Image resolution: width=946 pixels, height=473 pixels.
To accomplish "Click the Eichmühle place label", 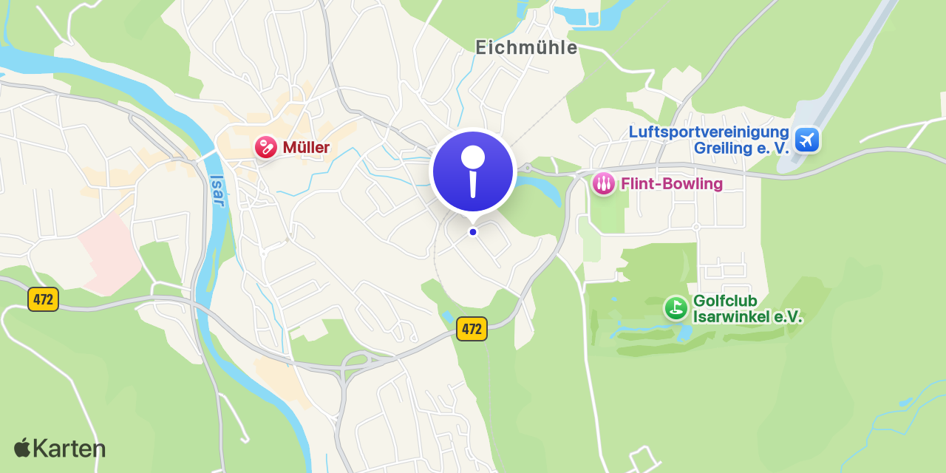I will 526,47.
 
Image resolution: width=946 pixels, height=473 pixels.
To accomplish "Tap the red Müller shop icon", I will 265,147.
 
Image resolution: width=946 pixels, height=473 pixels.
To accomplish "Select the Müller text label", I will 306,148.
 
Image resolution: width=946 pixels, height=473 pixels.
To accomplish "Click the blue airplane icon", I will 806,139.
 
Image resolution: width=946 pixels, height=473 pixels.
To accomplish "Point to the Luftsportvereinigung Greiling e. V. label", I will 709,140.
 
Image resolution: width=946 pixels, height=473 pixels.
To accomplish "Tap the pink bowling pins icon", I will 604,183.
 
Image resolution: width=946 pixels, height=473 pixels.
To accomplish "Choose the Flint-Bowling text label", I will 672,183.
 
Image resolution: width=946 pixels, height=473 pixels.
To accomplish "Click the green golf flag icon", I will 676,308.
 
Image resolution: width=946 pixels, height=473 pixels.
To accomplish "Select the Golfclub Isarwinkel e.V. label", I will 747,309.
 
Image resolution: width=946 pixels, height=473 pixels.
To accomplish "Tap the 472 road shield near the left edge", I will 43,299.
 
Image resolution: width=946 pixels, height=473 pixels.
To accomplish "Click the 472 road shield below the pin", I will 472,329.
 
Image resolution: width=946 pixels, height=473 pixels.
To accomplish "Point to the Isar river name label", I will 217,191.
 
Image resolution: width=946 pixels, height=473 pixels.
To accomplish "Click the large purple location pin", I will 473,171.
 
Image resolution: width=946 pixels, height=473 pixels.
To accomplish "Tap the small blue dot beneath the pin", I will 473,232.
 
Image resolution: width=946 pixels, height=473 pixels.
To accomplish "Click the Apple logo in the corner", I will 22,447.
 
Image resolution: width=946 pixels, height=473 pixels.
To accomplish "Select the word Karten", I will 69,449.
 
